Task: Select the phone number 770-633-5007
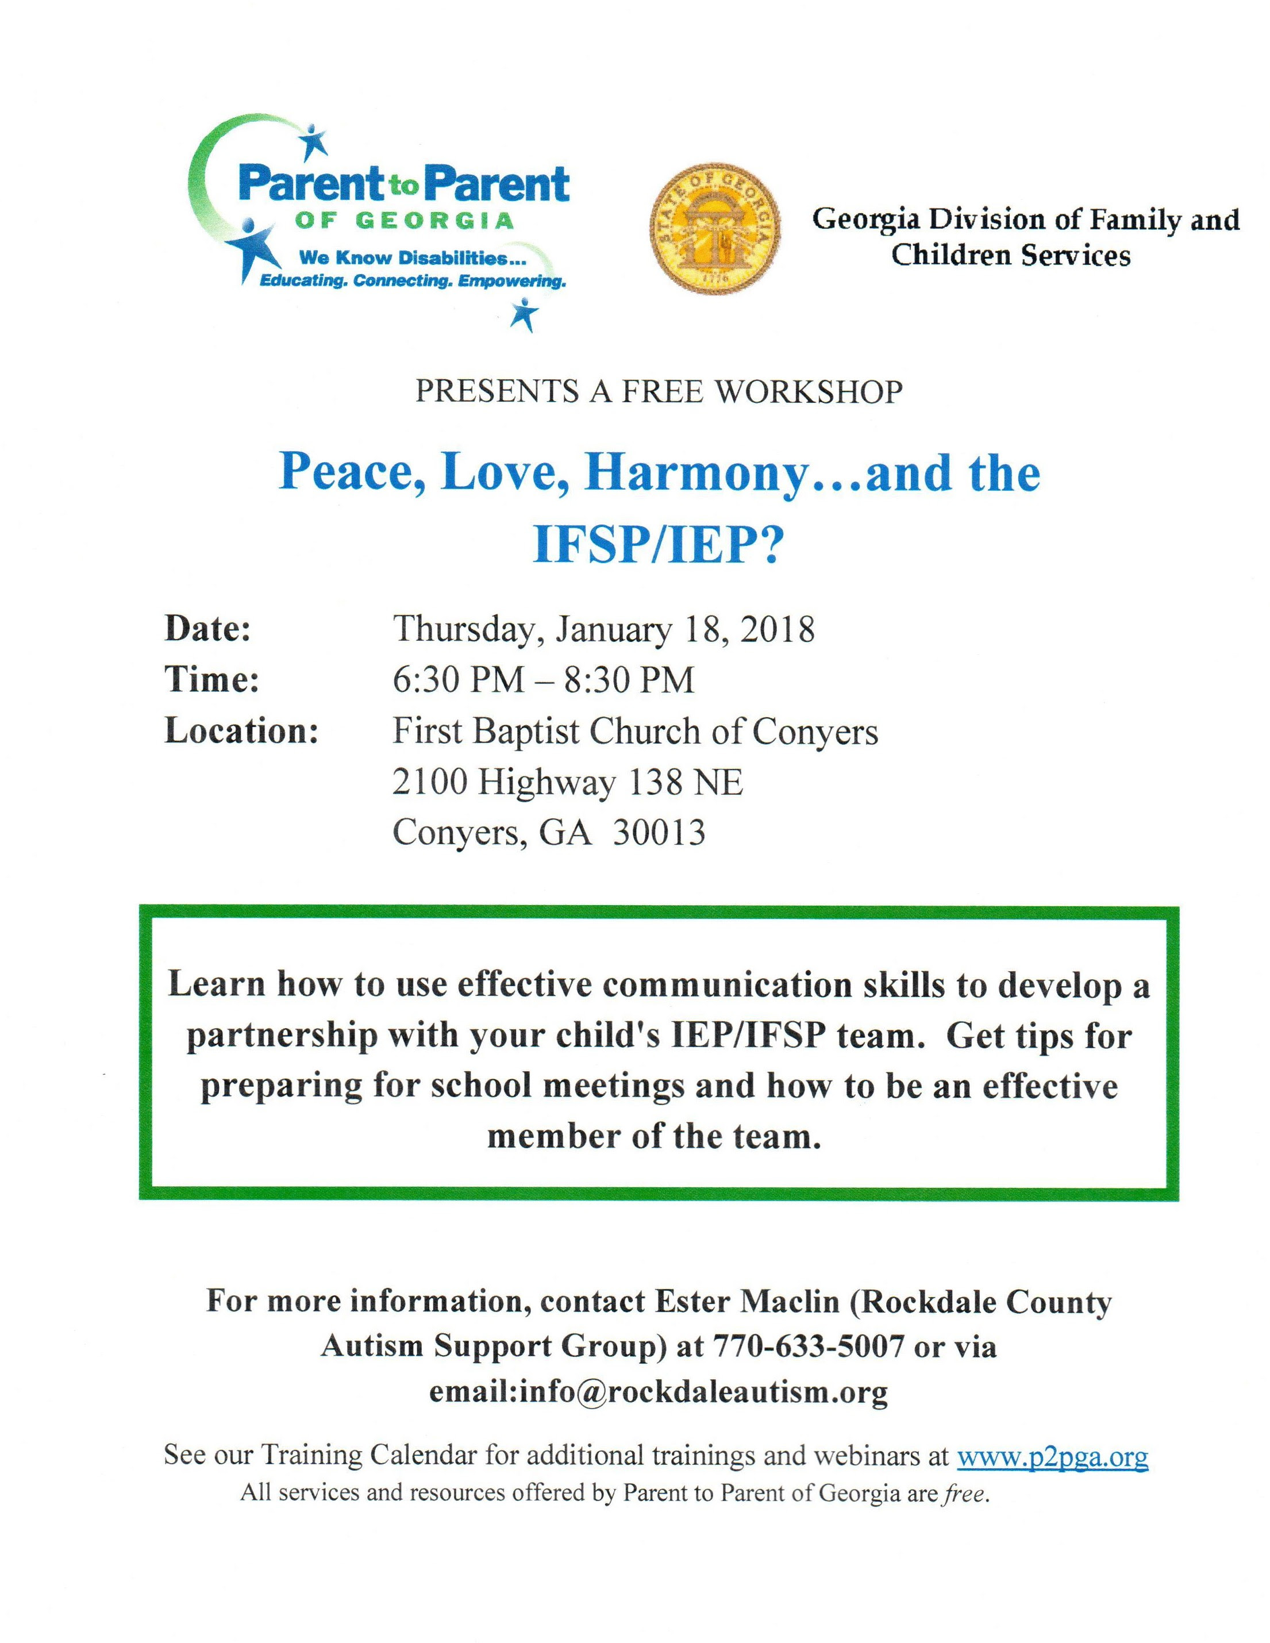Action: [x=807, y=1346]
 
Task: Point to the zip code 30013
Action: [x=659, y=833]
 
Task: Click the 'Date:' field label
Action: [x=207, y=629]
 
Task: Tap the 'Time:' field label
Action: [x=211, y=680]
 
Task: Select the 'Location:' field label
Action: [x=241, y=731]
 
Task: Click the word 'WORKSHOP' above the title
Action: [x=808, y=392]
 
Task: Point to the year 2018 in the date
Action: [x=777, y=629]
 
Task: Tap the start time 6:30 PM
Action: [x=458, y=680]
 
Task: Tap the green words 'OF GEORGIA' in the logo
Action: [x=404, y=221]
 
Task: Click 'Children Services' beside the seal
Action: [x=1010, y=255]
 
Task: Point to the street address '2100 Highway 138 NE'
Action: [x=567, y=782]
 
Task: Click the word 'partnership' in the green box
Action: [x=282, y=1035]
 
